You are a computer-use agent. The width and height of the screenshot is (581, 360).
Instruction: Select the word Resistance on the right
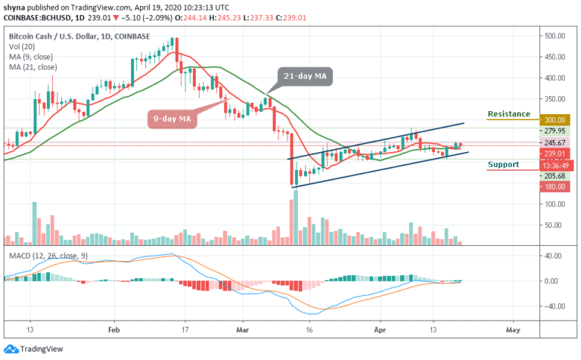pos(508,113)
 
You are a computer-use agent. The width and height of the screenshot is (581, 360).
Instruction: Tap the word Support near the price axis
pos(503,164)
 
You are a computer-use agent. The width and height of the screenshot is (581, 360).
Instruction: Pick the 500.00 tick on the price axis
pos(556,36)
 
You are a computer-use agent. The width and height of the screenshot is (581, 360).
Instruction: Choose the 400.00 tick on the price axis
pos(556,78)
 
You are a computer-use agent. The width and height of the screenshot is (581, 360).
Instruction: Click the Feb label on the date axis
pos(113,331)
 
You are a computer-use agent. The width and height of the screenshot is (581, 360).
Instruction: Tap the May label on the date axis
pos(514,331)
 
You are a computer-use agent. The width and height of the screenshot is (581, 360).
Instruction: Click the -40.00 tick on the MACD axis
pos(556,306)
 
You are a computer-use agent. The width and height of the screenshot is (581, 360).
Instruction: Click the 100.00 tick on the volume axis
pos(556,204)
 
